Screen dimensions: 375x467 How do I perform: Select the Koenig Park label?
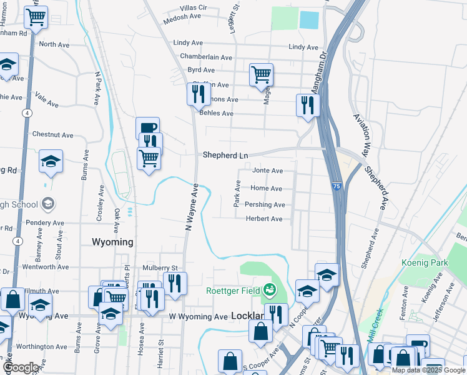tap(425, 263)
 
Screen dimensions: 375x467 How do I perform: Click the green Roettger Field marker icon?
tap(270, 289)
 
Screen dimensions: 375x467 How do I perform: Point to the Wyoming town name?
tap(112, 242)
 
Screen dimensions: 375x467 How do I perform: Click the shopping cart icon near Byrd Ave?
tap(261, 74)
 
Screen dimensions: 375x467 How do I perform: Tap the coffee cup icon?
tap(148, 128)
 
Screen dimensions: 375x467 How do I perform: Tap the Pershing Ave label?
tap(265, 205)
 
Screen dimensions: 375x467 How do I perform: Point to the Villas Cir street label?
tap(193, 7)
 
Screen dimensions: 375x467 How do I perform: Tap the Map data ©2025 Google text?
tap(428, 370)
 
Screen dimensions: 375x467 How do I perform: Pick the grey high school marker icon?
tap(48, 204)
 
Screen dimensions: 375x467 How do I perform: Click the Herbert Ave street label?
tap(264, 219)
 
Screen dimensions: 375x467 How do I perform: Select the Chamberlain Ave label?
tap(206, 56)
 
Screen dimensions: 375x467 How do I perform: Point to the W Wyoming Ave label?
tap(199, 317)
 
